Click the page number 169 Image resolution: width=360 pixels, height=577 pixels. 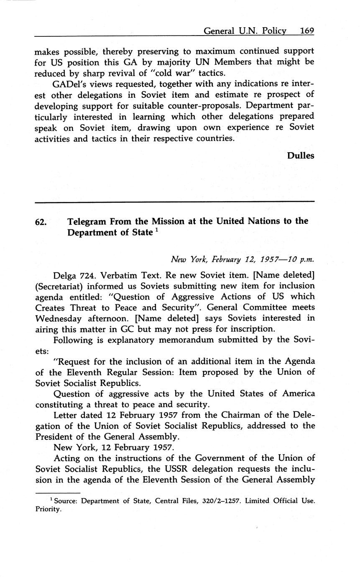(x=306, y=31)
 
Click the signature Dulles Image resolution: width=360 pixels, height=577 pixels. (x=300, y=156)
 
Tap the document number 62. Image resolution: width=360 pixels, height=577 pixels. (x=41, y=222)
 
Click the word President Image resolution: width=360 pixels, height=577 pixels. (x=56, y=437)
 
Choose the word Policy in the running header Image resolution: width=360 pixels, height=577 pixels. (x=273, y=31)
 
